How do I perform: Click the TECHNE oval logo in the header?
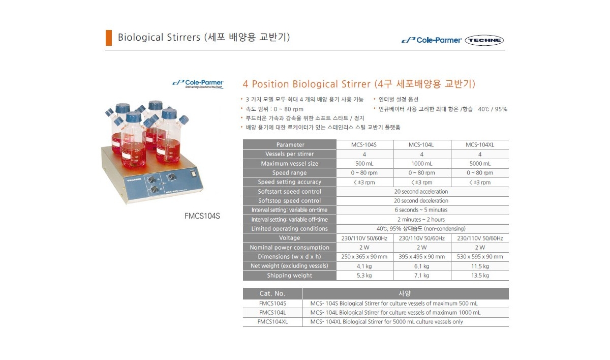click(484, 40)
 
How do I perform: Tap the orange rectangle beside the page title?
click(109, 38)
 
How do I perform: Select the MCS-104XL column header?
click(480, 144)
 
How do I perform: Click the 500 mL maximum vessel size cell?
click(364, 163)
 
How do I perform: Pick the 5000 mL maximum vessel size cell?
click(480, 163)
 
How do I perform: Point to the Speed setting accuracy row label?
click(289, 182)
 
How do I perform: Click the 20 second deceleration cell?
click(421, 201)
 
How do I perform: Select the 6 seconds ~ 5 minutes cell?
click(421, 210)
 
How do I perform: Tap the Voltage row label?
click(289, 238)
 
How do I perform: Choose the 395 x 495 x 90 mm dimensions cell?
click(422, 256)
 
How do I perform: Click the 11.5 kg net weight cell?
click(480, 266)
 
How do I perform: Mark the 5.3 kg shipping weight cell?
click(364, 275)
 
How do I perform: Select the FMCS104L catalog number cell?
click(272, 313)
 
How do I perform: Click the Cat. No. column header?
click(272, 293)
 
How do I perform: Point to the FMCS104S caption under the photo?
click(202, 216)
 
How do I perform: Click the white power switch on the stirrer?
click(193, 173)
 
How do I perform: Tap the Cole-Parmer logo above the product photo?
click(198, 84)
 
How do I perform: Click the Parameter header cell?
click(289, 144)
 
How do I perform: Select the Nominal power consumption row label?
click(289, 247)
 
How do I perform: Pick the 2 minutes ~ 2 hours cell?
click(421, 220)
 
